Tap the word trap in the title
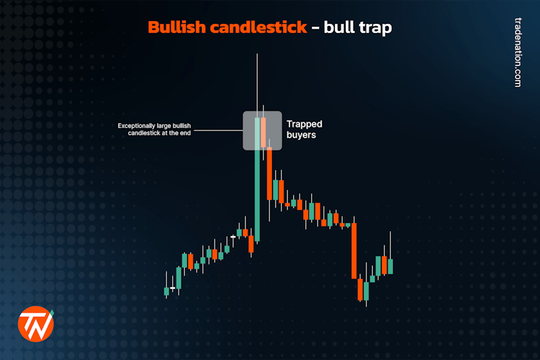tap(375, 28)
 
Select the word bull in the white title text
tap(340, 28)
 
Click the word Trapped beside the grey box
tap(305, 124)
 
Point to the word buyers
tap(302, 135)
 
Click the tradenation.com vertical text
tap(517, 53)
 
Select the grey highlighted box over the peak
tap(261, 130)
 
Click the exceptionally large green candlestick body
tap(257, 194)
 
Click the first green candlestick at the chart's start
tap(166, 291)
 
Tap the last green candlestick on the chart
tap(390, 266)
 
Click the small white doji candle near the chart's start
tap(172, 288)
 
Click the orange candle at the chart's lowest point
tap(360, 289)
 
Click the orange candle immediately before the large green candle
tap(251, 244)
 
